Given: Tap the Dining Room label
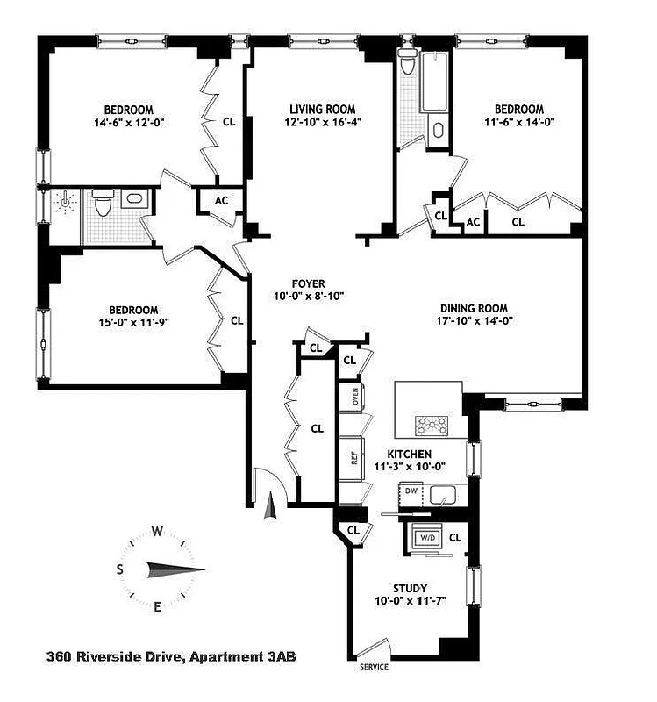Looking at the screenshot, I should click(475, 308).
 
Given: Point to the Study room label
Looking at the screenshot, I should click(410, 588).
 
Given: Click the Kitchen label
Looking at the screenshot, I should click(411, 454).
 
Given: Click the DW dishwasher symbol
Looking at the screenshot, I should click(411, 491).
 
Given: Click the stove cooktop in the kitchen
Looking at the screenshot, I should click(432, 425).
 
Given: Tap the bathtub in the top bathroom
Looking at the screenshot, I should click(434, 84).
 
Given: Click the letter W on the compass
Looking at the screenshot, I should click(158, 531).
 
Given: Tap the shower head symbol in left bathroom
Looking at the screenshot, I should click(63, 204).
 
